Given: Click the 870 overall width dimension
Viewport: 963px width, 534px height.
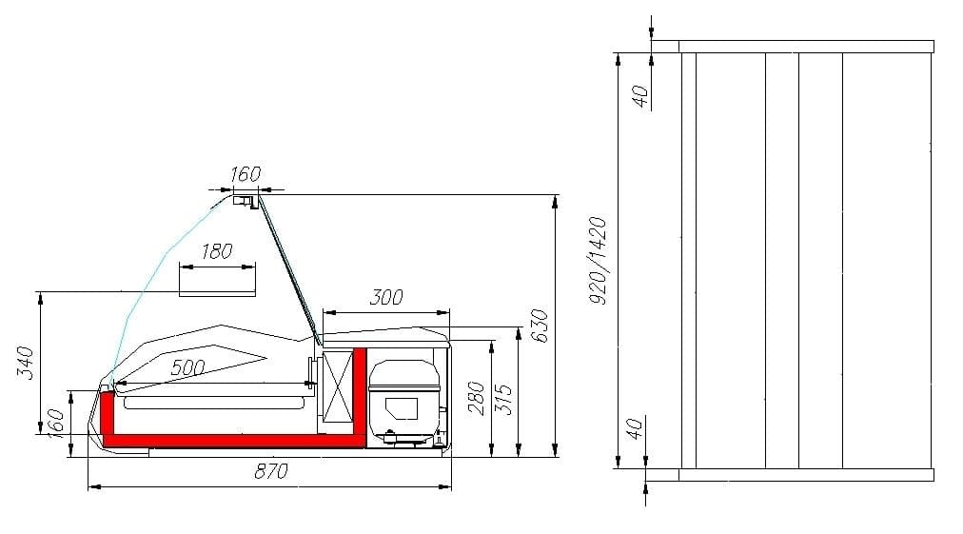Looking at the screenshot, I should point(271,472).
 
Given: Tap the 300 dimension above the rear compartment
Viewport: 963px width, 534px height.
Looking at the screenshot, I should point(385,298).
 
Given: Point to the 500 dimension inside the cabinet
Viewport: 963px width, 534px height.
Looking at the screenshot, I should point(187,367).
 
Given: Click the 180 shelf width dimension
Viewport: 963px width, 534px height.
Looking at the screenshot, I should point(217,251).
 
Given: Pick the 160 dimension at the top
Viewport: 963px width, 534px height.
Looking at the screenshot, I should point(245,174).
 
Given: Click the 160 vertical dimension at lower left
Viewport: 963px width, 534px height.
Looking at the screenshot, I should point(55,422).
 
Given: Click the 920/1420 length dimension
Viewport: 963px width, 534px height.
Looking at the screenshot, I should point(598,260).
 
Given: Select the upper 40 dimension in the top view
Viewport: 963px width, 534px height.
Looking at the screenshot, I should point(639,94).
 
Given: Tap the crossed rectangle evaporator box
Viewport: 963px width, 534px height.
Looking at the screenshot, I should point(337,387).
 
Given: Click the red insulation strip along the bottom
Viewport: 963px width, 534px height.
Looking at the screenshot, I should point(228,439).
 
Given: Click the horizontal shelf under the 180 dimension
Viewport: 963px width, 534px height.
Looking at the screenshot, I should point(217,293).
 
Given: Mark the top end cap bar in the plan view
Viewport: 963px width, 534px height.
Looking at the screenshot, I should point(805,47).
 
